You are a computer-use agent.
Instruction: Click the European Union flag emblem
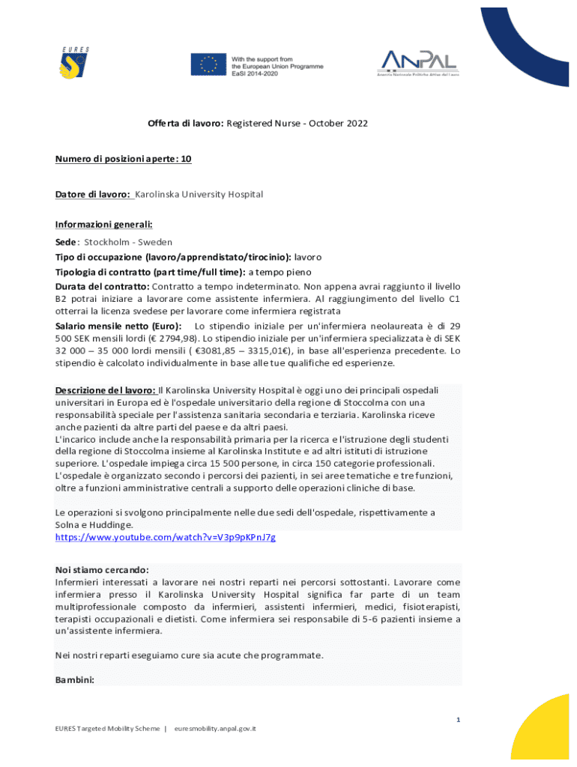pos(208,64)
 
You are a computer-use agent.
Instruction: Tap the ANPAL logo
pos(419,63)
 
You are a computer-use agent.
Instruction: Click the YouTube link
pos(166,537)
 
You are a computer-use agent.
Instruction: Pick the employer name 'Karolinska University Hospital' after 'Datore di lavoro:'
pos(199,194)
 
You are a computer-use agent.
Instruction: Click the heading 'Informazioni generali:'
pos(103,224)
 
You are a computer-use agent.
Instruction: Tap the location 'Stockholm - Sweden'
pos(128,242)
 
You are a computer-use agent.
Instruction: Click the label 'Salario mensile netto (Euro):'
pos(118,326)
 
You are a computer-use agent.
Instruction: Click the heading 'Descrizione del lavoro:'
pos(106,389)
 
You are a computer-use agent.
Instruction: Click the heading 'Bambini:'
pos(75,679)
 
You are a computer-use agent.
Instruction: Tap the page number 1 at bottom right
pos(459,720)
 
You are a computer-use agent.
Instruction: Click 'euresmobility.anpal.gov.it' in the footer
pos(215,728)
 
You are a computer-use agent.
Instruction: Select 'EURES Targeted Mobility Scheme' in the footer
pos(107,728)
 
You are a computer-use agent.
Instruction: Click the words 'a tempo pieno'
pos(280,272)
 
